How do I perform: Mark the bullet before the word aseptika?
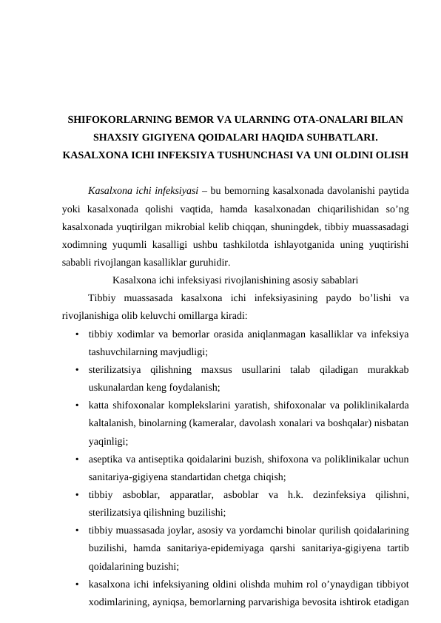(77, 459)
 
